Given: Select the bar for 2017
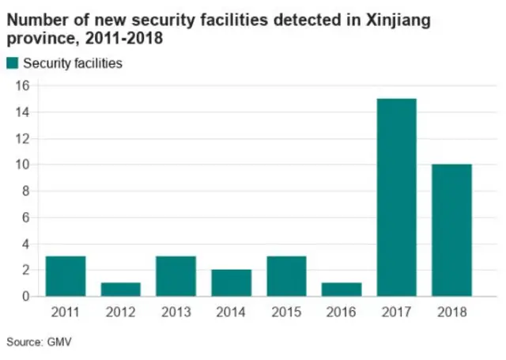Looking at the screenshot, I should (x=397, y=197).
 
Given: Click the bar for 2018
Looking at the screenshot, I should (x=452, y=230).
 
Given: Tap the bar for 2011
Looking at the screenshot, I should (x=66, y=276).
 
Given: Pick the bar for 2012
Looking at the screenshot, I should (x=121, y=290).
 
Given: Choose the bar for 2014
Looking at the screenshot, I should (x=232, y=282).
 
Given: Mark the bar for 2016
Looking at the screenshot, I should (x=342, y=290).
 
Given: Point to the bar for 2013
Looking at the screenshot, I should (x=176, y=276).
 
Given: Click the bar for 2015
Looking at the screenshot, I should (x=286, y=276).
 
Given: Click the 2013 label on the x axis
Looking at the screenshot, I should (x=176, y=313).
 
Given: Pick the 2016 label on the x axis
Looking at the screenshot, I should (x=342, y=313).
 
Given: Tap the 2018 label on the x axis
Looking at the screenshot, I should (x=452, y=313).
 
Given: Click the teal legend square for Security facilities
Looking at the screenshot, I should (x=13, y=63).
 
